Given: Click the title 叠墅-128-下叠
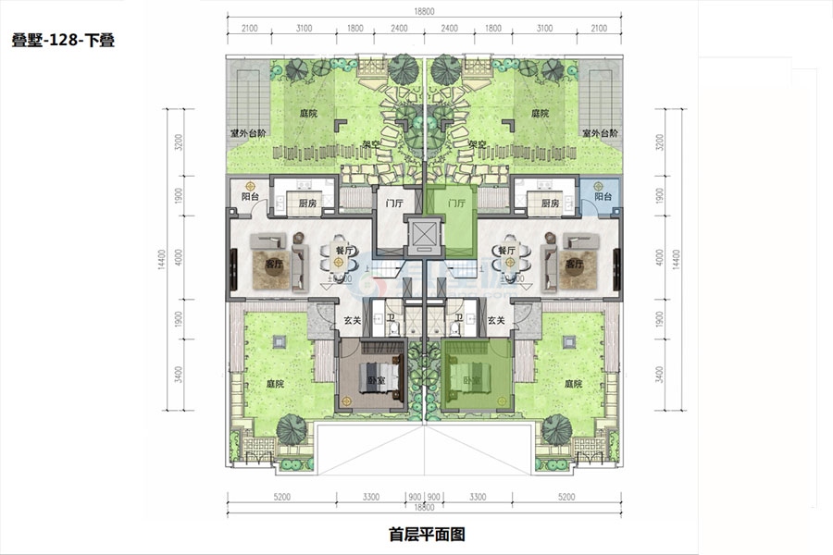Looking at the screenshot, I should (63, 41).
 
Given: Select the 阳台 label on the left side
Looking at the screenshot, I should (249, 197).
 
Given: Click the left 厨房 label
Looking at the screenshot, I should (308, 203).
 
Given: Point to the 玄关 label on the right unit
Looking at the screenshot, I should (496, 320).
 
